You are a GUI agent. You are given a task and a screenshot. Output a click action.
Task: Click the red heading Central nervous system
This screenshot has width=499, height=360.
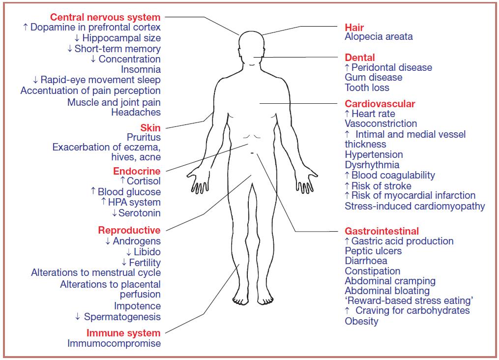click(x=105, y=17)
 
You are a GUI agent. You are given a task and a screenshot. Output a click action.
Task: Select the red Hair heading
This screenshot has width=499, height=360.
click(x=354, y=27)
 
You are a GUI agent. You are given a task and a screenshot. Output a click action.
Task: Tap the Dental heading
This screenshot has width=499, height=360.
click(x=359, y=57)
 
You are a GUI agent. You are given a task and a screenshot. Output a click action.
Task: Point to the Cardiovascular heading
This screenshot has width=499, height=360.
click(x=380, y=104)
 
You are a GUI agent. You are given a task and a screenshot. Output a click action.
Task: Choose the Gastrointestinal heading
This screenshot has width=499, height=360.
click(x=382, y=231)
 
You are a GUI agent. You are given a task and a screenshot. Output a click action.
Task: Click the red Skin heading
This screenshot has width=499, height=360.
click(x=150, y=128)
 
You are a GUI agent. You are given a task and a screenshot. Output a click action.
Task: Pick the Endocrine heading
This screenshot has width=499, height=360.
click(x=137, y=171)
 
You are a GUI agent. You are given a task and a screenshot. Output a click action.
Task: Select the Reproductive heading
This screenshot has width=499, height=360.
click(x=129, y=230)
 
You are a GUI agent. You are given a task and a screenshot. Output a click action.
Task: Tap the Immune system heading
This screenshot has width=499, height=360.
click(x=123, y=333)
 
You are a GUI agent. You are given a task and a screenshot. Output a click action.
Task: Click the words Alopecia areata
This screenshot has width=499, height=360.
click(x=379, y=37)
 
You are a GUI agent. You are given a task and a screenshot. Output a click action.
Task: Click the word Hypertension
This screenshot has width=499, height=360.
click(x=374, y=154)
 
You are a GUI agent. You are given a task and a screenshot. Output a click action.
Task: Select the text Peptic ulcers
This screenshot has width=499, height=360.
click(x=373, y=251)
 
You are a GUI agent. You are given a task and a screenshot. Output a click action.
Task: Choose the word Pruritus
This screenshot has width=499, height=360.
click(x=144, y=137)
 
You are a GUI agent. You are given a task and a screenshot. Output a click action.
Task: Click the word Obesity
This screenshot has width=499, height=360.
click(x=361, y=322)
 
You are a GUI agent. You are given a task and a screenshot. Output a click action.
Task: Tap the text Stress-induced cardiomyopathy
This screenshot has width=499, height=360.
click(x=414, y=206)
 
